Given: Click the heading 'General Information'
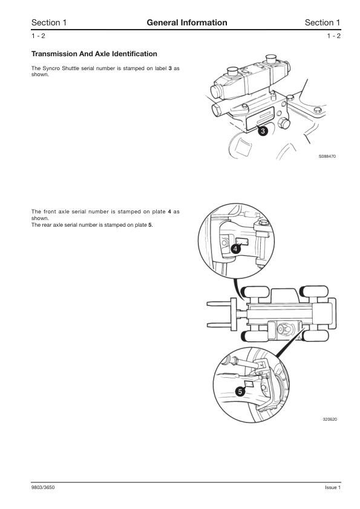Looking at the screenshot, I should click(187, 22).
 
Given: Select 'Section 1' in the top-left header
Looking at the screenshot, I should click(49, 22).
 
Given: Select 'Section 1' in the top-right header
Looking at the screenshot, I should click(322, 22).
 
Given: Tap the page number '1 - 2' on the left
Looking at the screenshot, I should click(38, 36).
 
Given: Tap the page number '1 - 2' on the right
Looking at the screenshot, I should click(333, 36).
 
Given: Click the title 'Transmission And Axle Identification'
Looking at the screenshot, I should click(94, 54).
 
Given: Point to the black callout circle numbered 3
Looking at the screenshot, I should click(263, 131).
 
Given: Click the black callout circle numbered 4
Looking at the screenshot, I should click(235, 248).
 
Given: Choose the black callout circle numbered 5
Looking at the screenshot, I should click(240, 392).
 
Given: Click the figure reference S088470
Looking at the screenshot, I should click(327, 156).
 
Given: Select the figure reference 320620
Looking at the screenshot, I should click(329, 418).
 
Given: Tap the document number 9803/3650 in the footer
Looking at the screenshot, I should click(46, 487).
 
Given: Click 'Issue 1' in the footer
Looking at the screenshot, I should click(333, 487).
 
